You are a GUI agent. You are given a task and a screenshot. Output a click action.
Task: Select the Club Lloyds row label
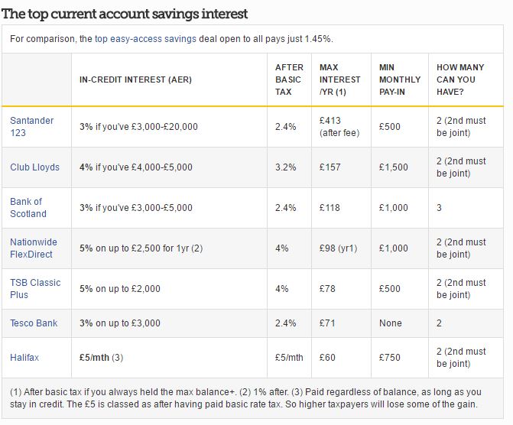[x=34, y=167]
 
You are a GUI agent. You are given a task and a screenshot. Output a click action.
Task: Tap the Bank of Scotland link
[x=28, y=207]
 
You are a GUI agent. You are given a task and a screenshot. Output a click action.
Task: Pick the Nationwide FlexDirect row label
[x=34, y=248]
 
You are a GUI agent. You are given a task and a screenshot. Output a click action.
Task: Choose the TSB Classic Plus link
[x=35, y=288]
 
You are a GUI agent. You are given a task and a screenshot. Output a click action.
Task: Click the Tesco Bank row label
[x=34, y=323]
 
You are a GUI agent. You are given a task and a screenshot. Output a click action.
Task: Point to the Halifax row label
[x=24, y=357]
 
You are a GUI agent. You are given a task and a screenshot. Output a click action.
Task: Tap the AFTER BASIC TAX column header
[x=289, y=79]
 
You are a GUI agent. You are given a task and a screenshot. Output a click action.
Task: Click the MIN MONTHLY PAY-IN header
[x=399, y=79]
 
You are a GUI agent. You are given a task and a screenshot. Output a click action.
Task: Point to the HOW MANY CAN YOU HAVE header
[x=460, y=79]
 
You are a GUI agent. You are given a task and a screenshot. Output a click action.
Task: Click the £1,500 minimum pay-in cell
[x=394, y=167]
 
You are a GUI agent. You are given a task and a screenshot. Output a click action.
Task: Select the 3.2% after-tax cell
[x=285, y=167]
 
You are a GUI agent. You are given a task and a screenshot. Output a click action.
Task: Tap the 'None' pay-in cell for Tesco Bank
[x=390, y=323]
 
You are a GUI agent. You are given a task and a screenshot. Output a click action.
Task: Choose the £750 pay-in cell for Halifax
[x=390, y=357]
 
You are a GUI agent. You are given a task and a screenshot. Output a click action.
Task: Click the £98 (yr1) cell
[x=336, y=248]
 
